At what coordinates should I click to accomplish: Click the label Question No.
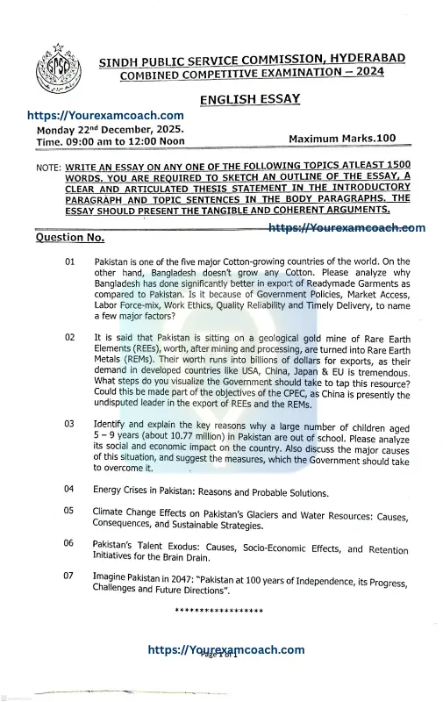click(69, 238)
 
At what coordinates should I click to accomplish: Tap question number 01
click(69, 262)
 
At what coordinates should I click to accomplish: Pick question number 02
click(69, 338)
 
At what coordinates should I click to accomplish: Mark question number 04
click(69, 488)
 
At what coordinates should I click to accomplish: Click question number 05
click(69, 511)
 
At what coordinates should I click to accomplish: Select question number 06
click(69, 544)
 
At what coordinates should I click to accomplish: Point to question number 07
click(69, 577)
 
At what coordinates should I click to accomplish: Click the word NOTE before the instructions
click(48, 167)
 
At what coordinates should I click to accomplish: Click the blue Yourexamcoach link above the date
click(105, 116)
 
